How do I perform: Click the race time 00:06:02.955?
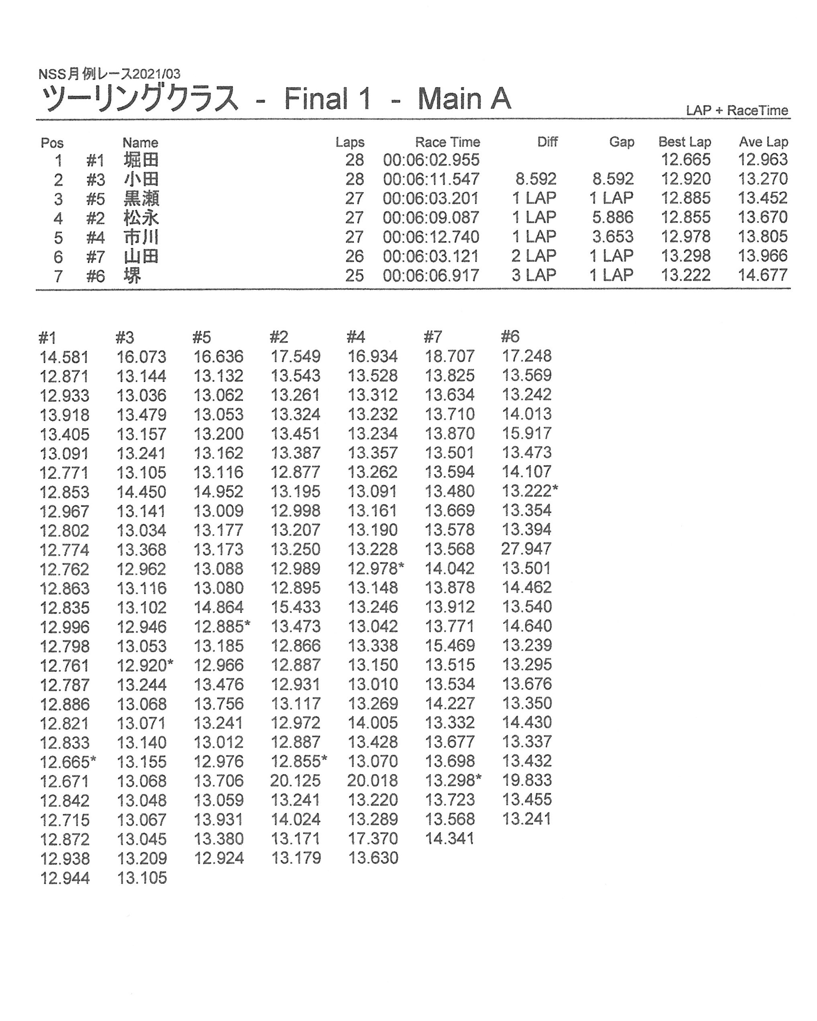tap(431, 160)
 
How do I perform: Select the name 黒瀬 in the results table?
tap(141, 198)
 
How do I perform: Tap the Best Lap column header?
tap(685, 142)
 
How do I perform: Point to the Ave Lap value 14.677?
tap(762, 275)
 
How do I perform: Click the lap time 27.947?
tap(526, 549)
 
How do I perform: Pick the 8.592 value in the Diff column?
tap(536, 179)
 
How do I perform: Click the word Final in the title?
tap(316, 99)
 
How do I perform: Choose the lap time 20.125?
tap(295, 781)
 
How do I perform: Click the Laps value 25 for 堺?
tap(354, 275)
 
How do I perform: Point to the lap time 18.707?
tap(450, 356)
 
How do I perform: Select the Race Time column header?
tap(447, 142)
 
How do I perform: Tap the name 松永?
tap(141, 218)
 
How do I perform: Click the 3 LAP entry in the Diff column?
tap(533, 275)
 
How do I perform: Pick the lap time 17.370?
tap(373, 839)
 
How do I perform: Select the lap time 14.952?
tap(218, 492)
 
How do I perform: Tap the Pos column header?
tap(52, 142)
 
